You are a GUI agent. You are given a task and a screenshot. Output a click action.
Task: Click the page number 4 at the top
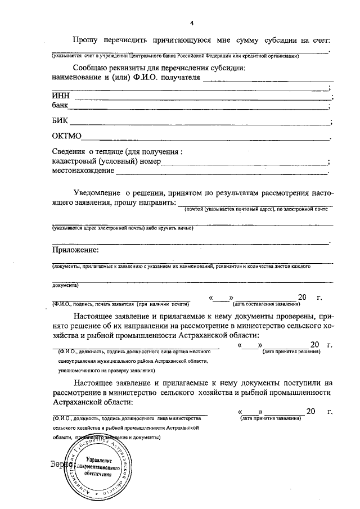pos(192,23)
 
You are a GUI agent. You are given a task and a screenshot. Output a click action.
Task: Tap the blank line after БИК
pos(200,122)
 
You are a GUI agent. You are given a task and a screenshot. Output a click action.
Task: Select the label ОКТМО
pos(67,136)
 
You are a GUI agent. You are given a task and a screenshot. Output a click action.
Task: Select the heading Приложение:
pos(75,250)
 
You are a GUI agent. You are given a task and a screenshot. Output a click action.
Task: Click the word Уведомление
pos(98,192)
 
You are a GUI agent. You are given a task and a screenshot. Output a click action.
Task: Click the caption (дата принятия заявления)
pos(270,419)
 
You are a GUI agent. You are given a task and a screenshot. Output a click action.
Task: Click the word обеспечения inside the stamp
pos(95,476)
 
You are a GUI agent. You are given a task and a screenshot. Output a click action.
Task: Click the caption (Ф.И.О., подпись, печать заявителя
pos(95,304)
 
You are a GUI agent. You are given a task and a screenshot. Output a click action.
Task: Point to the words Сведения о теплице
pos(91,152)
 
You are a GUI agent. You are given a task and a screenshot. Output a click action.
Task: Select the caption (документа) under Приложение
pos(65,285)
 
